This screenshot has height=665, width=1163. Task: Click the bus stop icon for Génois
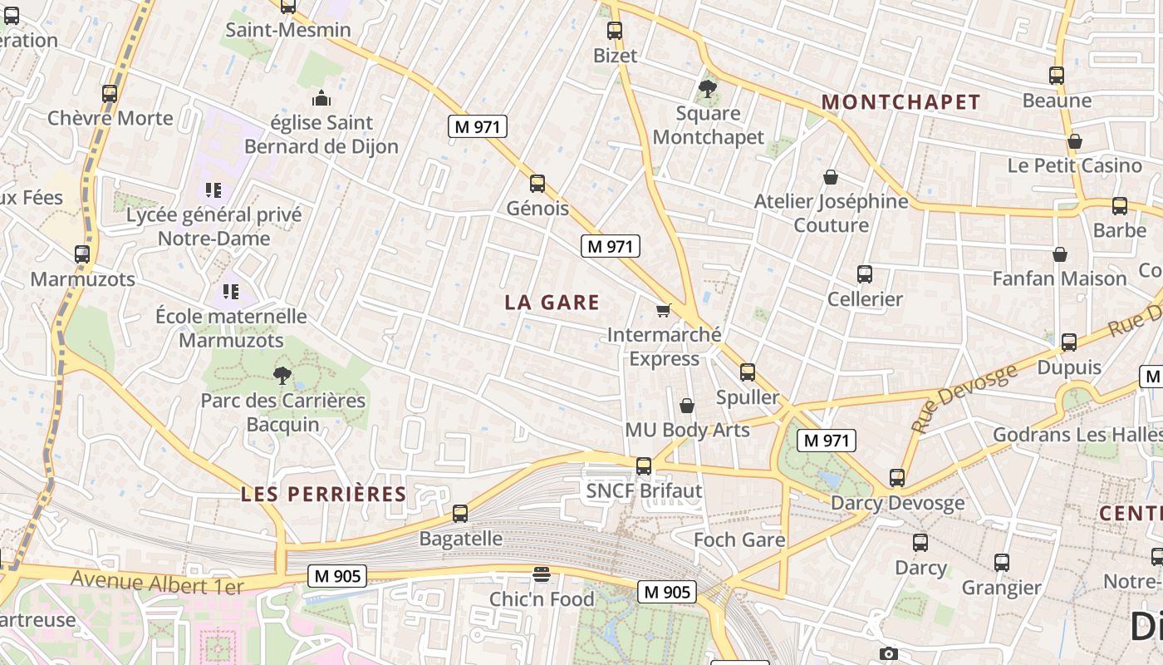[x=537, y=184]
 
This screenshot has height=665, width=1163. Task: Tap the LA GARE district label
[x=552, y=303]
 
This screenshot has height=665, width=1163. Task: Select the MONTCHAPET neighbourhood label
[x=901, y=102]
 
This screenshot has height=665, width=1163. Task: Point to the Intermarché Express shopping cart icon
[x=663, y=310]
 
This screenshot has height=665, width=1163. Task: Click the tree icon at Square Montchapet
[x=708, y=88]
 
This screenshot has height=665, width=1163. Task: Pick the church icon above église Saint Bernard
[x=321, y=99]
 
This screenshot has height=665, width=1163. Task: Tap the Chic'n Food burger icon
[x=542, y=574]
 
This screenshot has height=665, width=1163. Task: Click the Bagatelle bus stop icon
[x=460, y=514]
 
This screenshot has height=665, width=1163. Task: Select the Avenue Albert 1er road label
[x=157, y=582]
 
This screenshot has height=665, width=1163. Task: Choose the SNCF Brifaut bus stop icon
[x=644, y=466]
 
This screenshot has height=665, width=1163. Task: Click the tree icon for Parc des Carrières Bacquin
[x=282, y=376]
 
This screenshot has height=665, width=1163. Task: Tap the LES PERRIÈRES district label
[x=324, y=495]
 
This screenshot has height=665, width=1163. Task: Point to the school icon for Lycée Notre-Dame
[x=213, y=190]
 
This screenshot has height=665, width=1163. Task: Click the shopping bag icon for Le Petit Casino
[x=1075, y=141]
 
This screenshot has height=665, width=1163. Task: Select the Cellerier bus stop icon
[x=865, y=273]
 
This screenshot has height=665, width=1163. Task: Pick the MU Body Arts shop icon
[x=687, y=406]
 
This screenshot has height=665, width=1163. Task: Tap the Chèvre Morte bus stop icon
[x=110, y=94]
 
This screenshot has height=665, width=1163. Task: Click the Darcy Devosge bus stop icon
[x=897, y=478]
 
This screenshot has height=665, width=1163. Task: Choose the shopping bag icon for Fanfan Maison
[x=1060, y=254]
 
